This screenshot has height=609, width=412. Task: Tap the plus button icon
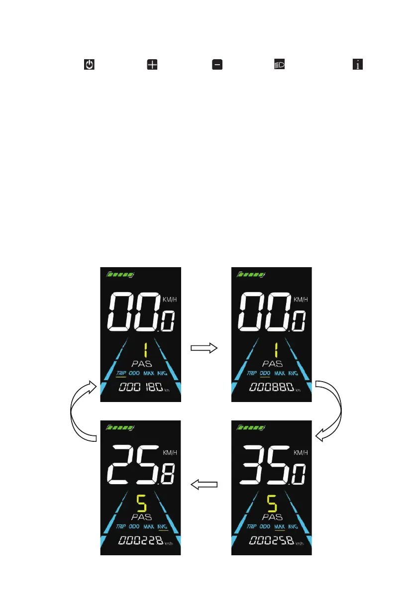click(152, 65)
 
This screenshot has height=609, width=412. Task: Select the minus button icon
click(217, 65)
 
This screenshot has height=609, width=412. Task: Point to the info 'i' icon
click(357, 65)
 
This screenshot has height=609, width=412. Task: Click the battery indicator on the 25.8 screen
click(120, 427)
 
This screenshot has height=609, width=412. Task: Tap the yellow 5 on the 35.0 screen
click(272, 504)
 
